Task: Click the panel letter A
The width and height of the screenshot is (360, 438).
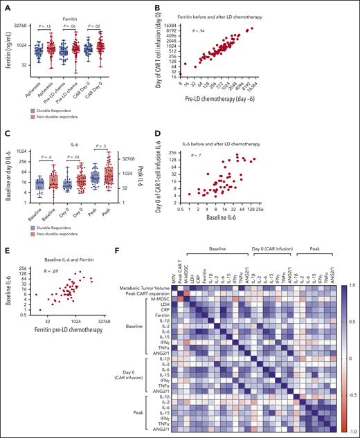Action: pyautogui.click(x=6, y=6)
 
